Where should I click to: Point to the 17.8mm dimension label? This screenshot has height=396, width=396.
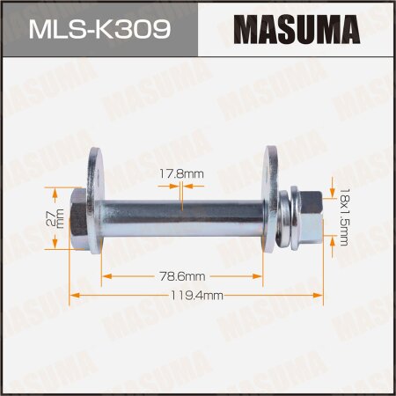(181, 174)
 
